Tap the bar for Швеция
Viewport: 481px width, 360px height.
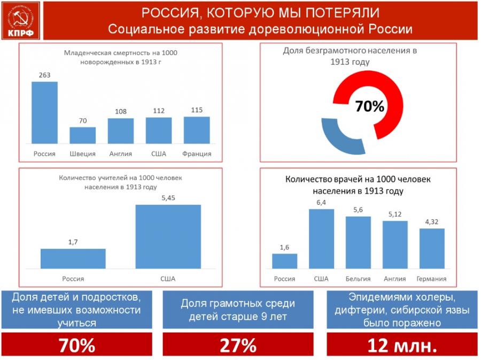point(82,135)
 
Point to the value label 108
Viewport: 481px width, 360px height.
point(120,112)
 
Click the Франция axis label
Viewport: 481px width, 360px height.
point(197,154)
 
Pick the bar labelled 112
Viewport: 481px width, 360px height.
point(159,131)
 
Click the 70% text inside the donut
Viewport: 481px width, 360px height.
point(370,106)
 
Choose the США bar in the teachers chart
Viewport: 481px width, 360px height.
point(168,236)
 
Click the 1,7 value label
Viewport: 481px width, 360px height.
point(73,242)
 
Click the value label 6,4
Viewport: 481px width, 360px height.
point(322,202)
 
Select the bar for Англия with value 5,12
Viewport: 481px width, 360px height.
point(395,244)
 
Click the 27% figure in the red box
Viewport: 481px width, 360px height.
point(238,346)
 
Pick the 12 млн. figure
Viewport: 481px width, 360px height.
point(402,346)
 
